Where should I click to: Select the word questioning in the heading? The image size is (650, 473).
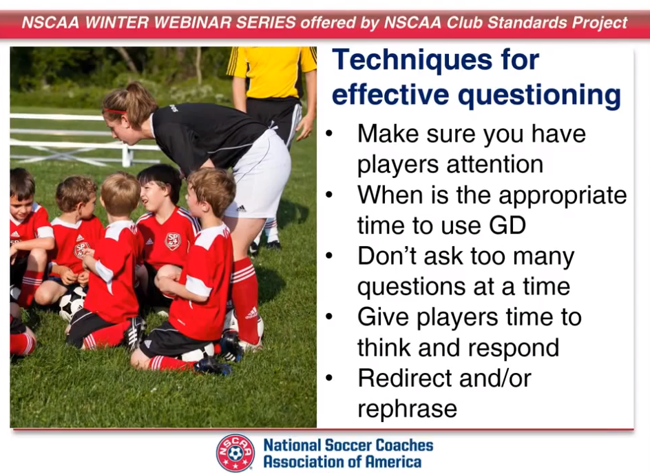pyautogui.click(x=539, y=97)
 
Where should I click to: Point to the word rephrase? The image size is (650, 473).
pyautogui.click(x=407, y=410)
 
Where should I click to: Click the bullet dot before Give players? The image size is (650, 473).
pyautogui.click(x=329, y=317)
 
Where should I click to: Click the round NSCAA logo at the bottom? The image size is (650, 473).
pyautogui.click(x=235, y=453)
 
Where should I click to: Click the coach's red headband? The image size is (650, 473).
pyautogui.click(x=115, y=111)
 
